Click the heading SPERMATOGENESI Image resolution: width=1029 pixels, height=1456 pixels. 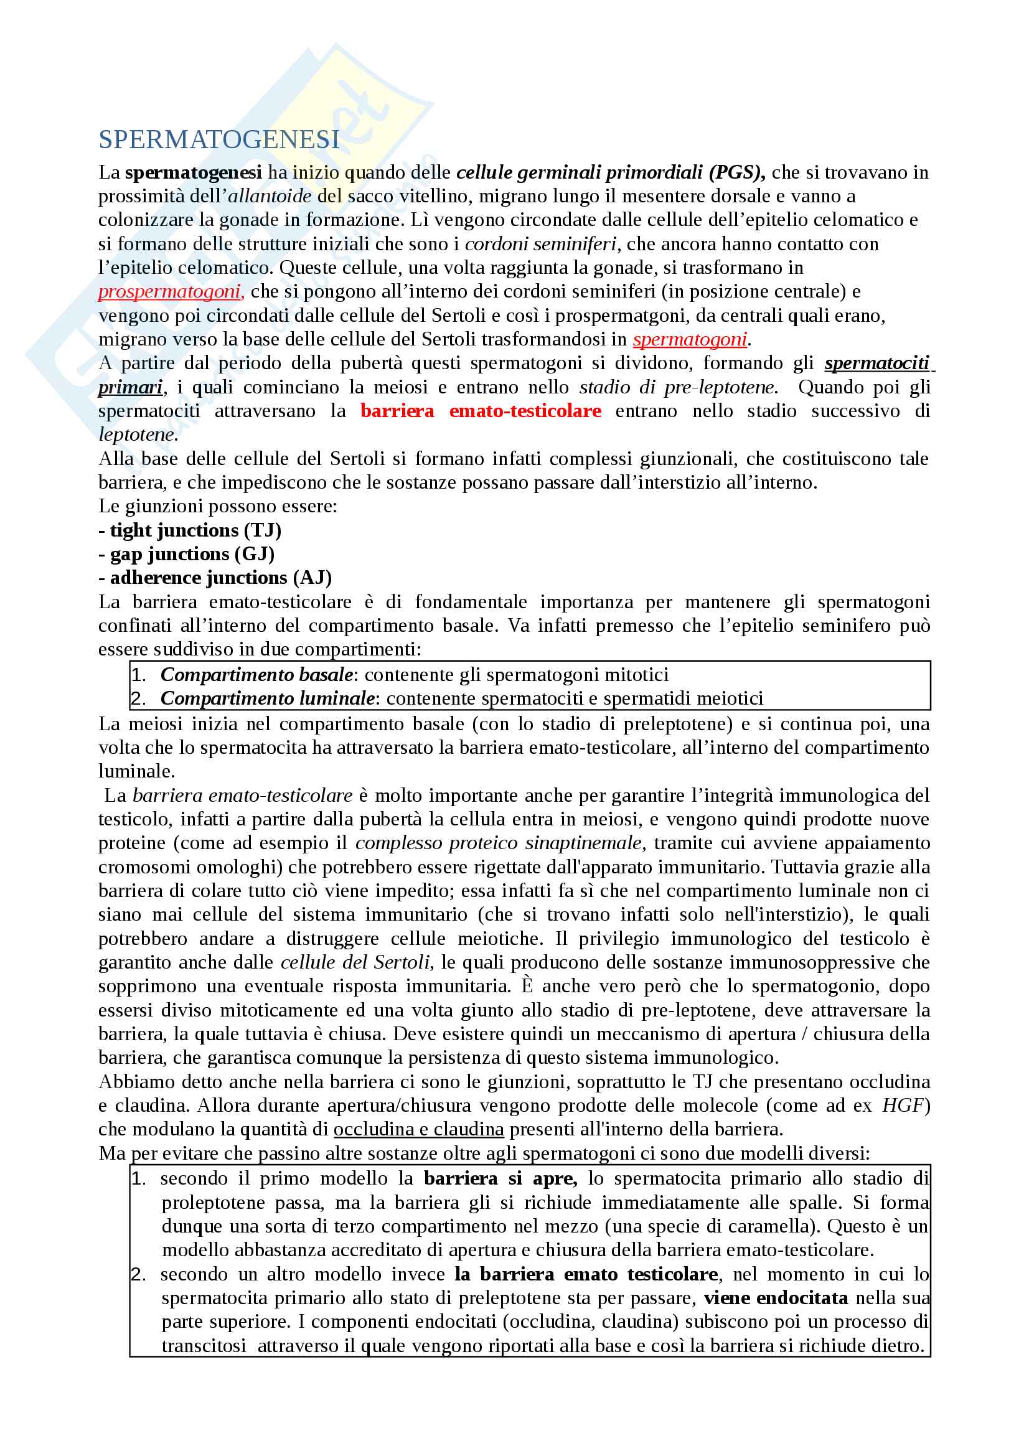[218, 139]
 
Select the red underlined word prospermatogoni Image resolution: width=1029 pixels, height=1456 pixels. [170, 292]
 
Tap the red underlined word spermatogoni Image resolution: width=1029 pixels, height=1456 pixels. [690, 339]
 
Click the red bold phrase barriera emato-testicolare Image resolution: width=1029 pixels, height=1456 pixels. [481, 411]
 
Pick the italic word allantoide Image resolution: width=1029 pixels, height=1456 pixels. [270, 196]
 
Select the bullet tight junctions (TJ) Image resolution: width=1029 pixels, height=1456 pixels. [190, 530]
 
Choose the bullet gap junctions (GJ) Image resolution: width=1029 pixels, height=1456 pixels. [187, 554]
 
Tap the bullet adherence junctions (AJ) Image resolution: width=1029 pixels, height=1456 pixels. [215, 578]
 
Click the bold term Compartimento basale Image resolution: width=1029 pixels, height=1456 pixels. [256, 675]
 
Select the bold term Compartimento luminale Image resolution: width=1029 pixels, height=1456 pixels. [267, 698]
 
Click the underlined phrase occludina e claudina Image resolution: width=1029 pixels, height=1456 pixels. [418, 1129]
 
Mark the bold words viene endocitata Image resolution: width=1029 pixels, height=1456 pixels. [776, 1298]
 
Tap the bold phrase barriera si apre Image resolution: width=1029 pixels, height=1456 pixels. [500, 1178]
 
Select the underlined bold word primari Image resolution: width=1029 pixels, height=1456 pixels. [131, 387]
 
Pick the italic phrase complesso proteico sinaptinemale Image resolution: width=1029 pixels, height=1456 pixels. [499, 843]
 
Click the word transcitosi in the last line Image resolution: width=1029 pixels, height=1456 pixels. [204, 1346]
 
